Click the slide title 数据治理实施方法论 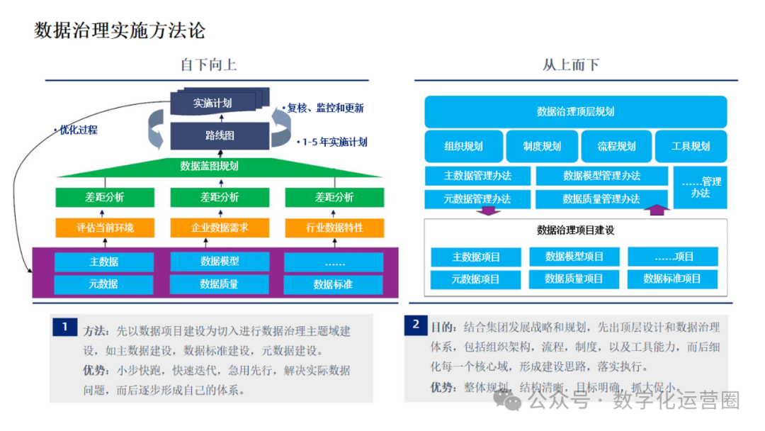[120, 30]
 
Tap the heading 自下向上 [208, 65]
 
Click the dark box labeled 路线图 [220, 135]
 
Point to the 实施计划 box [212, 103]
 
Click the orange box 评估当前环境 [105, 228]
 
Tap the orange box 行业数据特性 [334, 228]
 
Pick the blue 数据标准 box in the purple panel [333, 284]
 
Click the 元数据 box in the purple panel [103, 284]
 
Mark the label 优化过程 [76, 130]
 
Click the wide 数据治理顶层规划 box [575, 111]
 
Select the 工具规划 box [691, 147]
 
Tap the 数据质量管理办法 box [601, 199]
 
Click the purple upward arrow [659, 210]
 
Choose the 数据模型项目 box [574, 257]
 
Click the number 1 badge [64, 327]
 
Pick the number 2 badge [415, 325]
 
